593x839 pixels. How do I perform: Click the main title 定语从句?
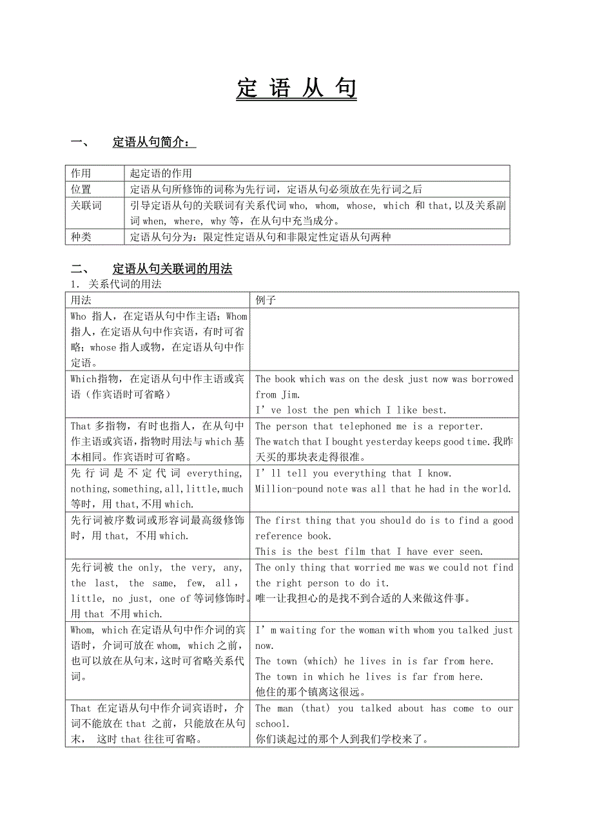click(x=296, y=89)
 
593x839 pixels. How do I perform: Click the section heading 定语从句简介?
click(x=153, y=142)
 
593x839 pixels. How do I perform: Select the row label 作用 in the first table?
click(x=81, y=173)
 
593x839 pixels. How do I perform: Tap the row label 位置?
click(x=81, y=189)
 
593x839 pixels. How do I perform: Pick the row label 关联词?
click(x=86, y=206)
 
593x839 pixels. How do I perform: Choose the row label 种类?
click(x=81, y=237)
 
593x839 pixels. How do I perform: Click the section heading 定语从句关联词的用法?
click(x=172, y=269)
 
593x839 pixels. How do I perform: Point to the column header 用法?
click(x=81, y=300)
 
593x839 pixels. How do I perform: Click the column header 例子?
click(x=266, y=300)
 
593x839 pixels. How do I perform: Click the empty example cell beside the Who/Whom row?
click(x=384, y=339)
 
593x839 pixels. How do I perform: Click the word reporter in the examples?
click(x=460, y=426)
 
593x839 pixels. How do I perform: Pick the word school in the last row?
click(x=271, y=724)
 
